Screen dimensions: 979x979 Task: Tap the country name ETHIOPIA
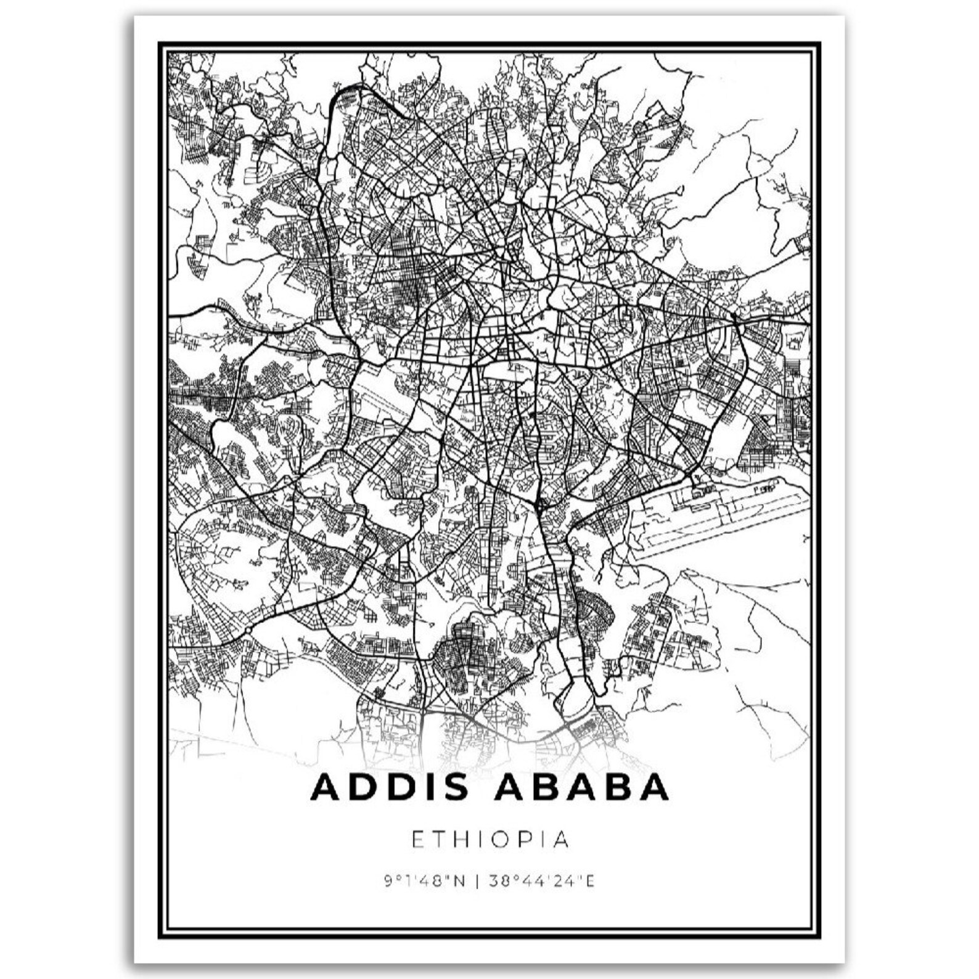pyautogui.click(x=490, y=840)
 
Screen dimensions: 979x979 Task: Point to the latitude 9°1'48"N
pyautogui.click(x=424, y=882)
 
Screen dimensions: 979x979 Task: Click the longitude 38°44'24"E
pyautogui.click(x=542, y=882)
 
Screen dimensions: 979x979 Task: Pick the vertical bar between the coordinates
pyautogui.click(x=477, y=882)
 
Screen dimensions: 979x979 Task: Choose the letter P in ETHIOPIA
pyautogui.click(x=535, y=840)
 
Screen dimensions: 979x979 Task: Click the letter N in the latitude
pyautogui.click(x=459, y=882)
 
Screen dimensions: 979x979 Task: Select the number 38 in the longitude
pyautogui.click(x=498, y=882)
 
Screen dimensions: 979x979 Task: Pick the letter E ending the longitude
pyautogui.click(x=590, y=882)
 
